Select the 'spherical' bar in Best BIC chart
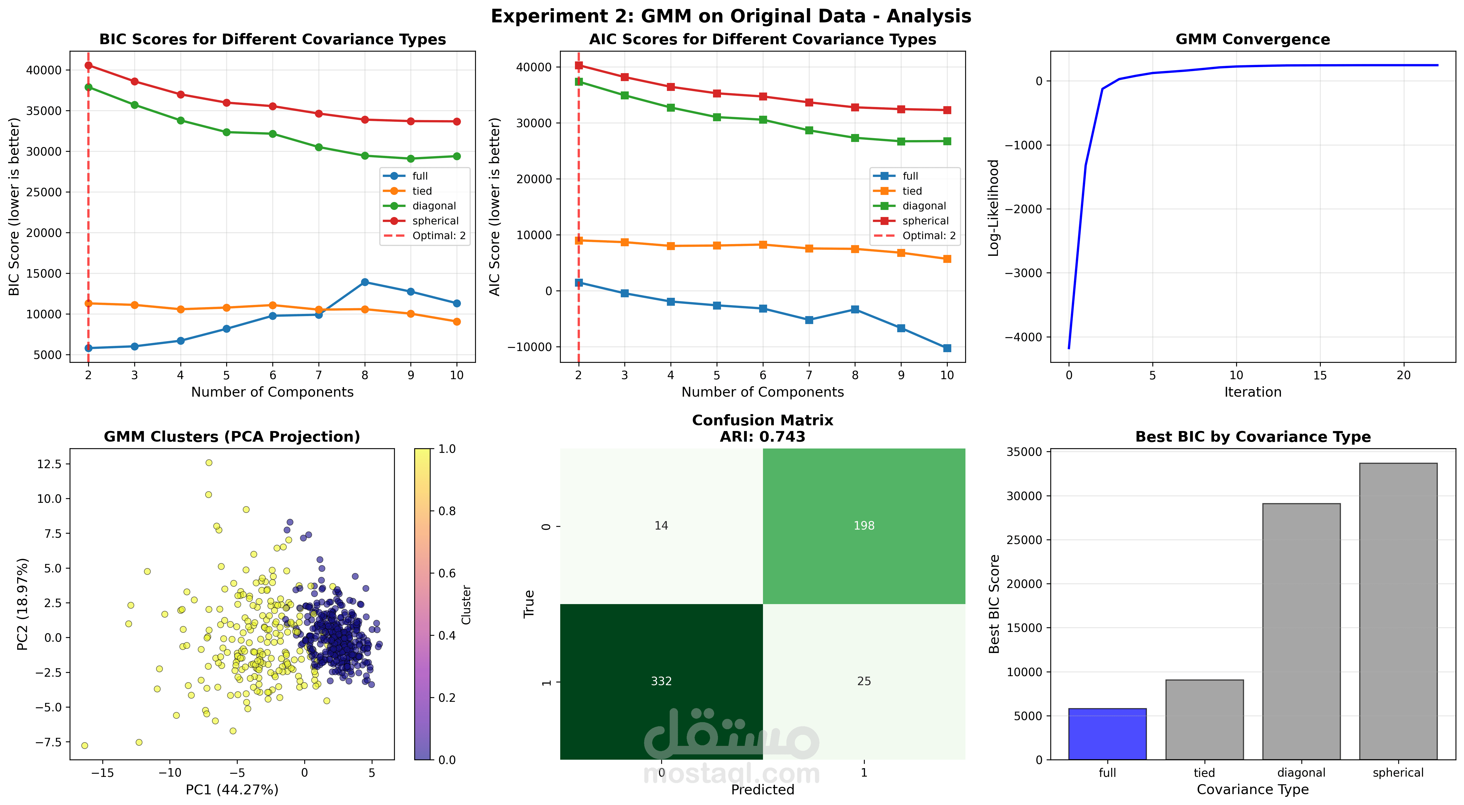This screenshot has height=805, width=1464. click(1398, 611)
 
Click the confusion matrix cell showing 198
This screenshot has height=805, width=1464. click(864, 526)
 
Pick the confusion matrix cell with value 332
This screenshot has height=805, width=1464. click(661, 681)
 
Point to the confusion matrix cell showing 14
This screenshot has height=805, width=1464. click(661, 526)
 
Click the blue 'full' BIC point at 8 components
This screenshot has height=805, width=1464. click(365, 282)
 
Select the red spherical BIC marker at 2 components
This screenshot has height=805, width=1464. click(88, 66)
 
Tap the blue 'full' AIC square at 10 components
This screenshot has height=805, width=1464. click(947, 348)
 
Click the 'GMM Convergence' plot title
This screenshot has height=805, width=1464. click(1253, 39)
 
